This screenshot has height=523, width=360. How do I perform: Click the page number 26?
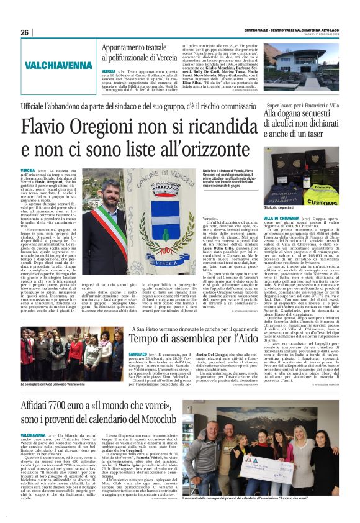click(x=24, y=32)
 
